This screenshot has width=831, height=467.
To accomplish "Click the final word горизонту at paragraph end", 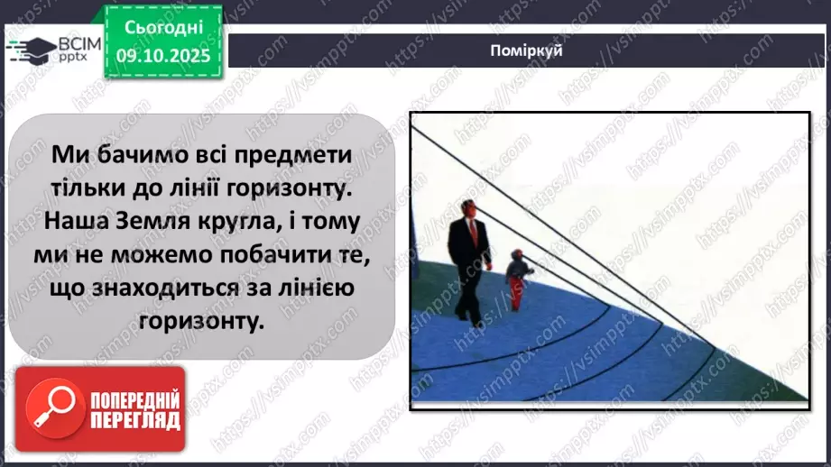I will click(204, 320).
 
